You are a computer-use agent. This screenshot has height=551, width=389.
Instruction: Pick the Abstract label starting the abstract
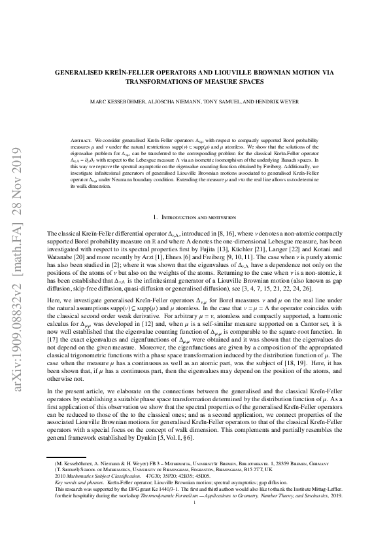80,141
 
